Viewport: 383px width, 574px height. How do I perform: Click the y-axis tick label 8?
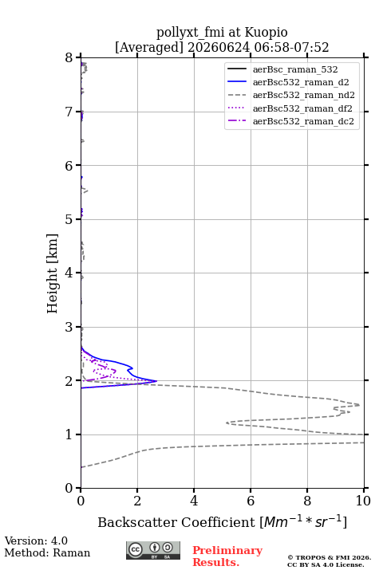[69, 57]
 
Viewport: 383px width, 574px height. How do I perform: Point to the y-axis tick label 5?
[69, 219]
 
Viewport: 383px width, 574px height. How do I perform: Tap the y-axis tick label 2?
[69, 381]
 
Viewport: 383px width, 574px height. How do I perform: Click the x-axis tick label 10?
[363, 501]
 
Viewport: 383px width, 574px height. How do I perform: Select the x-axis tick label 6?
[251, 501]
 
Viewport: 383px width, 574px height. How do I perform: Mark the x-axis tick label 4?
[194, 501]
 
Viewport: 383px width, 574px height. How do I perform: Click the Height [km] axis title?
[52, 273]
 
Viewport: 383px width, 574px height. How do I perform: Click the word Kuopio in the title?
[266, 33]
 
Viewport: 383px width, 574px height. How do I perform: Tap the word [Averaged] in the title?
[148, 48]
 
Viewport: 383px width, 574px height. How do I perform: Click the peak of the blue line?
[156, 381]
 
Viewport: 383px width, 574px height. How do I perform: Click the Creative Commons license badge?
[153, 550]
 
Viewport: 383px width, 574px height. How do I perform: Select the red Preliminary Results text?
[227, 556]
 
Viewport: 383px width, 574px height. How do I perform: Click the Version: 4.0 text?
[36, 541]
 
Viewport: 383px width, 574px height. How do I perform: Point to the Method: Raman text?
[47, 552]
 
